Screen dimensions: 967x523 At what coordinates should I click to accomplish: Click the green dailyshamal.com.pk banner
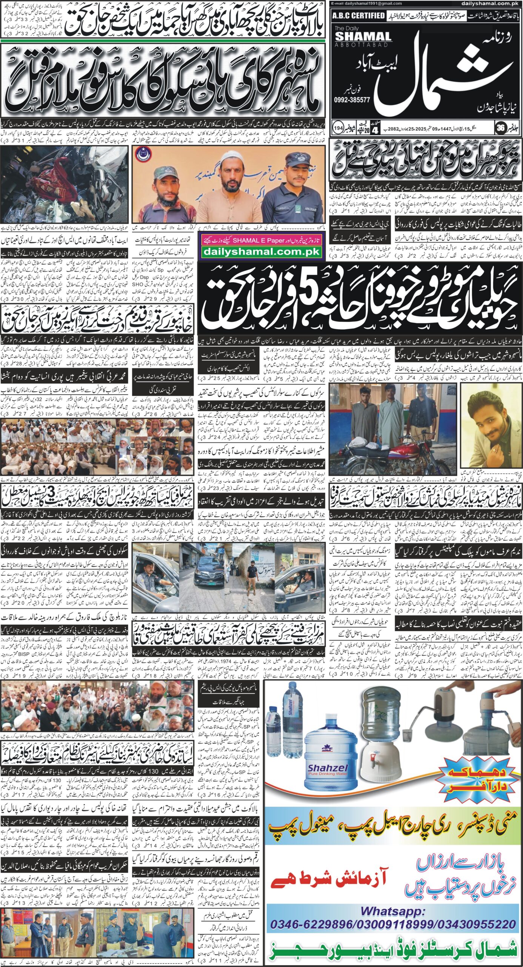pos(261,252)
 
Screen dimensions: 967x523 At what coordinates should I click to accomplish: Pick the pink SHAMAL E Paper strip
pos(261,240)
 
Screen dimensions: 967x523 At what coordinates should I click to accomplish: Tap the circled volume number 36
pos(500,128)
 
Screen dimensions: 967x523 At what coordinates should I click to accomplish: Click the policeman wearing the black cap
pos(298,185)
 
